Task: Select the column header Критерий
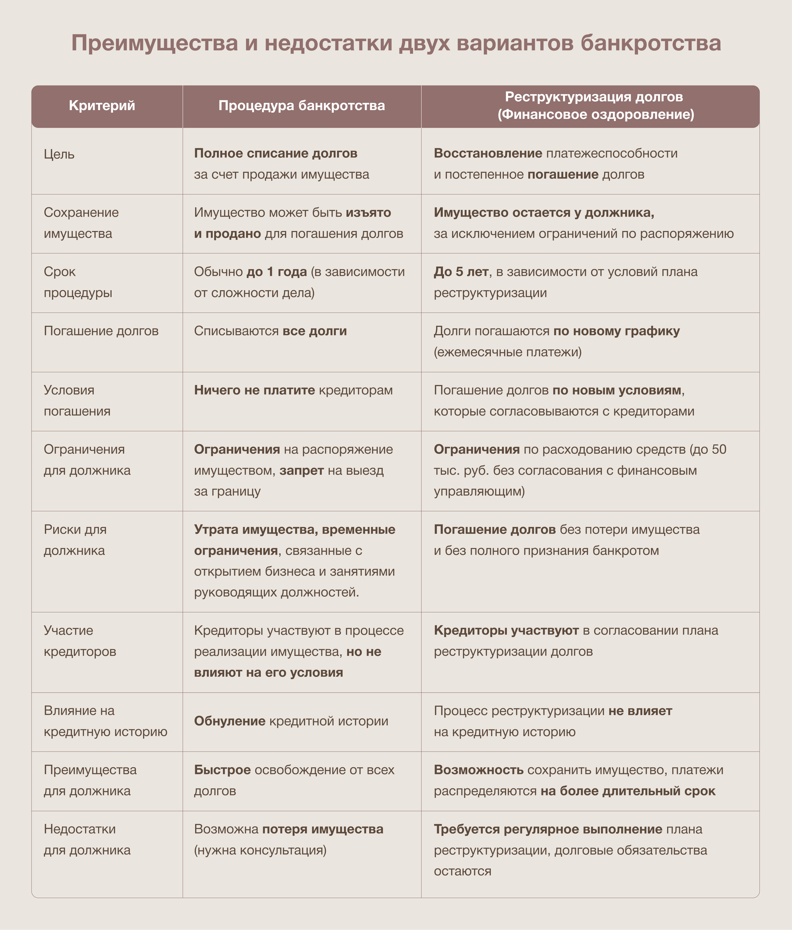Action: click(102, 106)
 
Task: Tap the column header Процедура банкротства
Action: click(301, 106)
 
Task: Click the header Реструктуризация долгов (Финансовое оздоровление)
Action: click(595, 106)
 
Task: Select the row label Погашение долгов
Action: click(101, 331)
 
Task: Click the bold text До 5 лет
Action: click(461, 272)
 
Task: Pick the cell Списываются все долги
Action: click(270, 331)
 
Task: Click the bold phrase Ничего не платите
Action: click(254, 390)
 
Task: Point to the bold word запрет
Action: click(301, 470)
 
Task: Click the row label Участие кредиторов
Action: click(80, 641)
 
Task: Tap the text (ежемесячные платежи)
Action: click(508, 352)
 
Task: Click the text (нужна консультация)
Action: click(260, 850)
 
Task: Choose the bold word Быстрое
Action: click(222, 770)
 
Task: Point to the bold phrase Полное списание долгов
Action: click(276, 153)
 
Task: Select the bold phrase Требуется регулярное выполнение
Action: click(548, 829)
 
